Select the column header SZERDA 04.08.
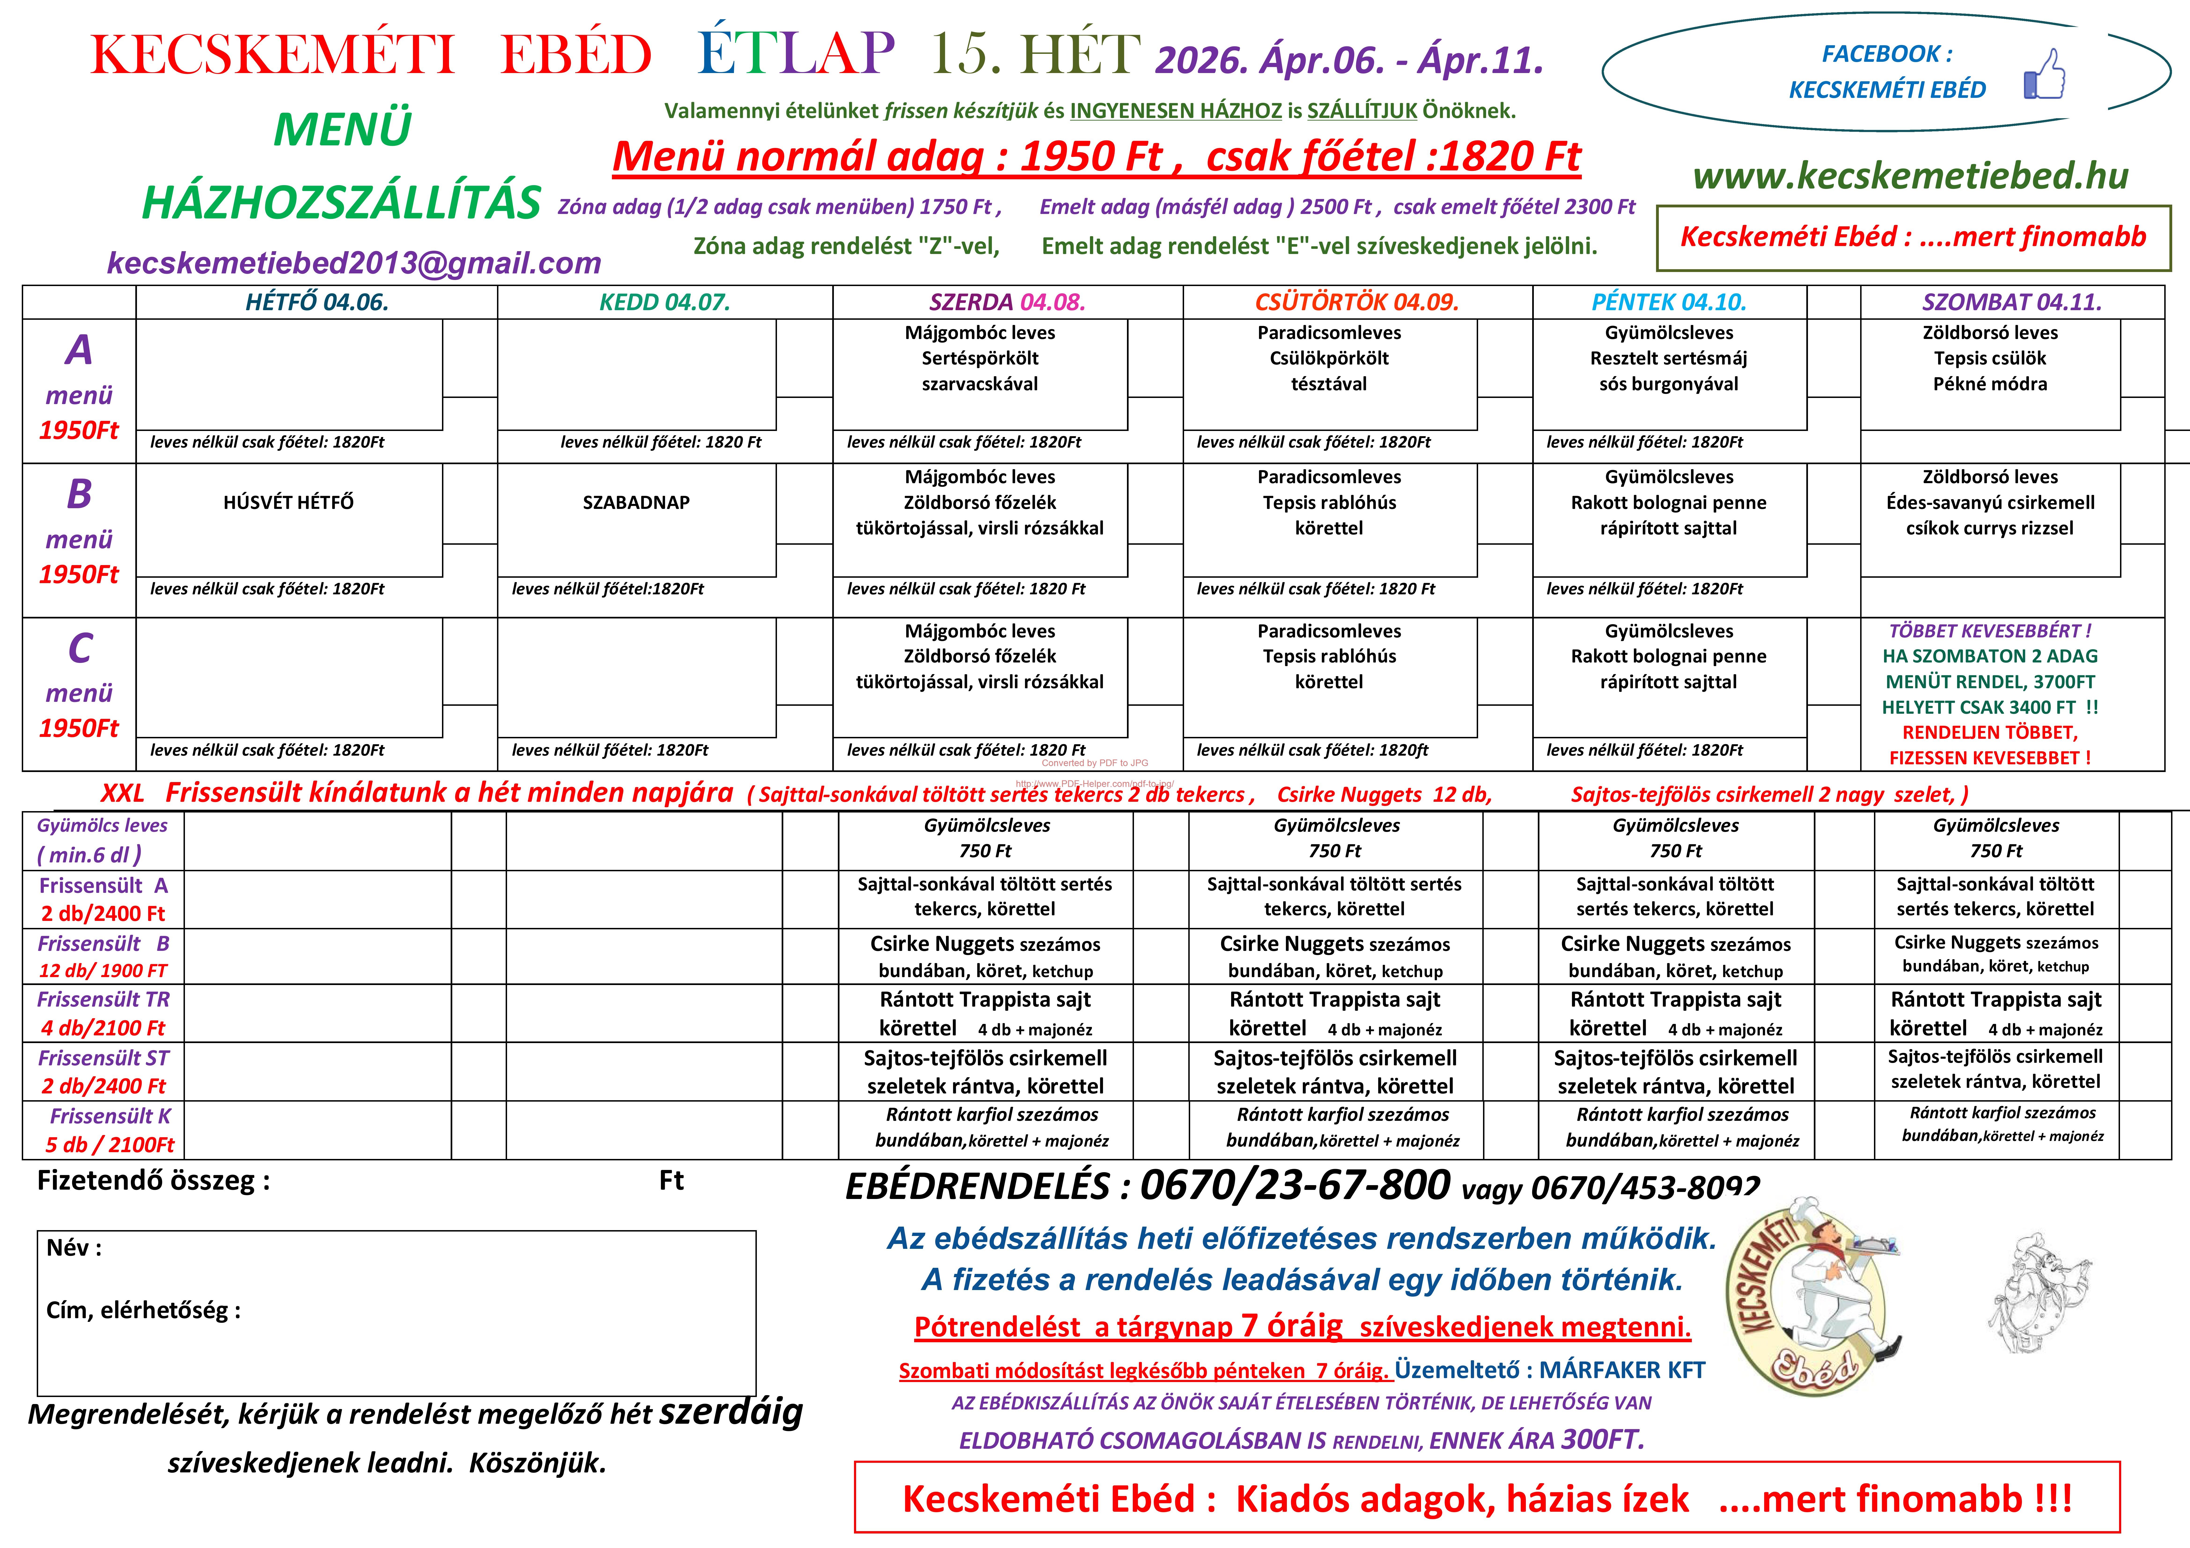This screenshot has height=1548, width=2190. point(1007,302)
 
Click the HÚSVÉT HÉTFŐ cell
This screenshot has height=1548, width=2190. point(288,503)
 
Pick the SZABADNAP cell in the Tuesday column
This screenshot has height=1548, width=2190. point(636,503)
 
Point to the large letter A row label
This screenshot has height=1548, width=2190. point(79,350)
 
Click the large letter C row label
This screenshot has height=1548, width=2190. point(79,649)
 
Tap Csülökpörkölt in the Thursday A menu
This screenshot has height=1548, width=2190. point(1329,359)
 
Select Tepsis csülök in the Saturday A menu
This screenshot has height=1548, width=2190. point(1990,359)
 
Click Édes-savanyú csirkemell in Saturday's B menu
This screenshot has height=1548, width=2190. point(1990,503)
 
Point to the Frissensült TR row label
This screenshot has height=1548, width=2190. point(103,1000)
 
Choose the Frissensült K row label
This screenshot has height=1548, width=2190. point(110,1116)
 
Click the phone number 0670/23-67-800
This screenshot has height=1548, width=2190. point(1294,1186)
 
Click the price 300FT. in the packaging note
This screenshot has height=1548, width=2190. point(1602,1439)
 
